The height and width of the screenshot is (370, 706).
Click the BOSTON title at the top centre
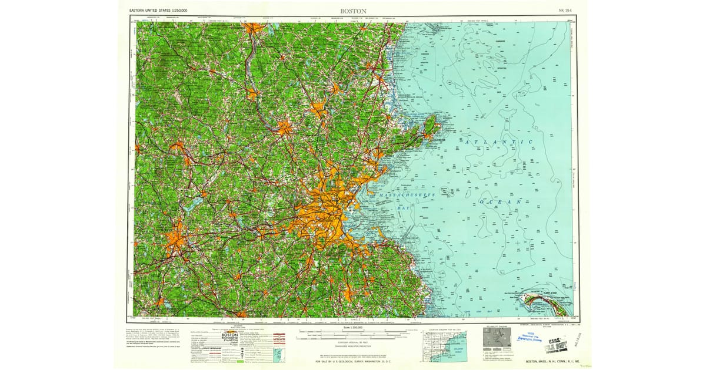coord(353,11)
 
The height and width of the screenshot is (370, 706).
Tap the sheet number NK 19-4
coord(567,11)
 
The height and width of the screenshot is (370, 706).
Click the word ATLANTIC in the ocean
coord(497,142)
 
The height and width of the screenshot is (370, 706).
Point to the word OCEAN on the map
coord(500,201)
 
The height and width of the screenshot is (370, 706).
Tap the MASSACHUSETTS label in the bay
coord(406,194)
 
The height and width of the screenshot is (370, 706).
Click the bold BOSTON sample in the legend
coord(229,335)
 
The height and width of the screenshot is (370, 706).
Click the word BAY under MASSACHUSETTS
coord(405,207)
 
